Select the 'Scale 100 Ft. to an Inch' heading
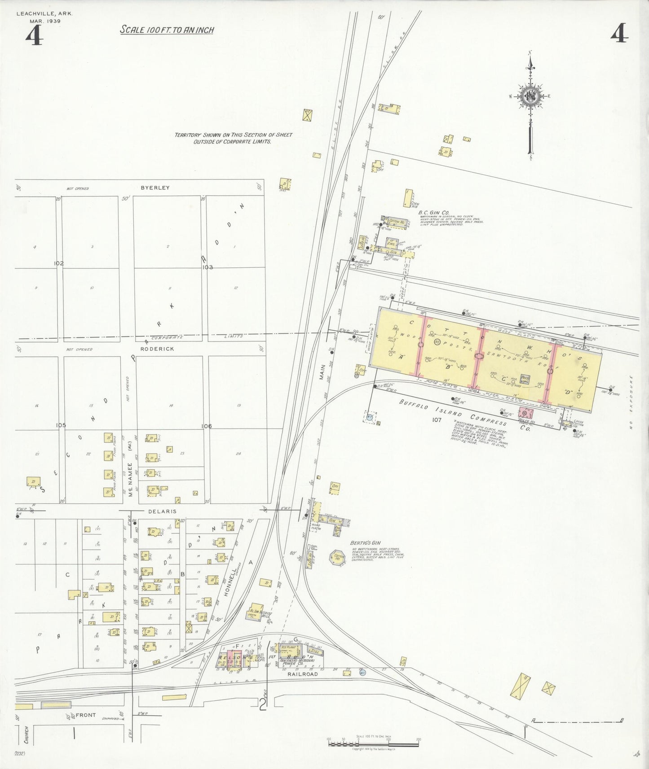(x=167, y=30)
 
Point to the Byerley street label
(x=155, y=188)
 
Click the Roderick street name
(x=157, y=349)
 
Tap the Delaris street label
(x=162, y=511)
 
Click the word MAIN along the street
(x=322, y=371)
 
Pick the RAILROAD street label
(x=302, y=674)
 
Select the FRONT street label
(x=85, y=715)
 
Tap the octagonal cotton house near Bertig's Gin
(x=337, y=558)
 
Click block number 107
(x=436, y=420)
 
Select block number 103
(x=208, y=267)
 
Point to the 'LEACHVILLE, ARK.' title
(x=44, y=13)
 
